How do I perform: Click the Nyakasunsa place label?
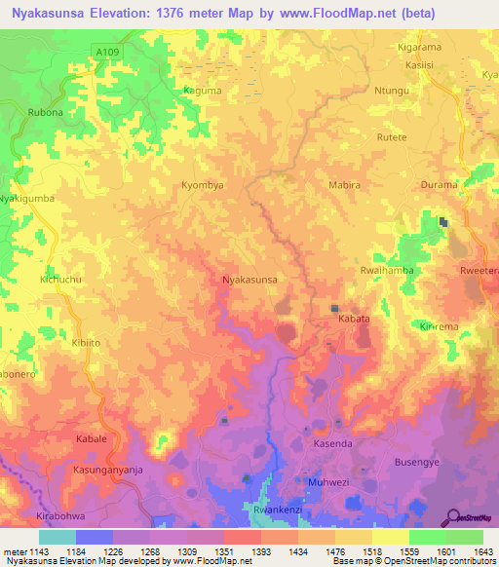[250, 280]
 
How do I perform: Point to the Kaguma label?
[201, 91]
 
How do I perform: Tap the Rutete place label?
[391, 137]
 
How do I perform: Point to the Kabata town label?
[353, 319]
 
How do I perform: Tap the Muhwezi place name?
[326, 482]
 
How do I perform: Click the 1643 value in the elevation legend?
[482, 551]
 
